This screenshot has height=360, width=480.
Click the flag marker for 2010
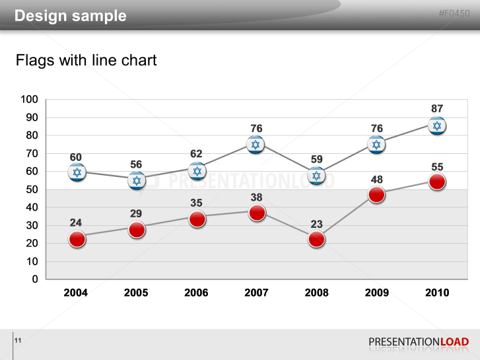pyautogui.click(x=436, y=126)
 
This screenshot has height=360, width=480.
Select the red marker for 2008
pyautogui.click(x=316, y=239)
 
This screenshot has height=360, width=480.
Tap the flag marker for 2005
pyautogui.click(x=137, y=180)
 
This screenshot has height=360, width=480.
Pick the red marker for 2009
pyautogui.click(x=376, y=195)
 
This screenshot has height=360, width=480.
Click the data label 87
pyautogui.click(x=436, y=108)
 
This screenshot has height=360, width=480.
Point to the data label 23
pyautogui.click(x=316, y=224)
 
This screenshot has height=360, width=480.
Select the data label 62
pyautogui.click(x=196, y=154)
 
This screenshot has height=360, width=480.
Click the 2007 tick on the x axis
pyautogui.click(x=256, y=293)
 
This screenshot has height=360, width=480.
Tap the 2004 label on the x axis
pyautogui.click(x=76, y=293)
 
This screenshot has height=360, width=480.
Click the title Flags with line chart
pyautogui.click(x=86, y=61)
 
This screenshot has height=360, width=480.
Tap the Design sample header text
pyautogui.click(x=71, y=16)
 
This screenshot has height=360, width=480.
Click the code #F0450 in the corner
pyautogui.click(x=454, y=13)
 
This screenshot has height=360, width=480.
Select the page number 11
pyautogui.click(x=18, y=340)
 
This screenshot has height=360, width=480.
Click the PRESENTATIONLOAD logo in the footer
pyautogui.click(x=419, y=342)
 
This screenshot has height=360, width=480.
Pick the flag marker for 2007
pyautogui.click(x=256, y=145)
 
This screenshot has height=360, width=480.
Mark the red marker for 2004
pyautogui.click(x=77, y=239)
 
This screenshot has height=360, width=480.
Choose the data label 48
pyautogui.click(x=376, y=179)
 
